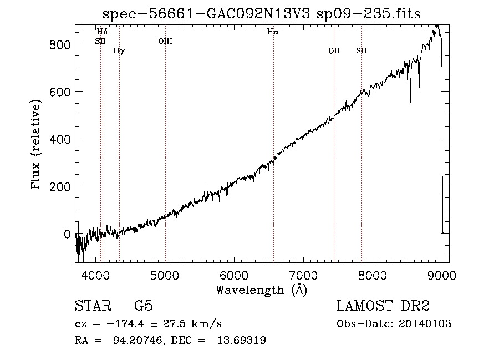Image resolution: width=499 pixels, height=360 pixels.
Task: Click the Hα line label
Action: [x=273, y=32]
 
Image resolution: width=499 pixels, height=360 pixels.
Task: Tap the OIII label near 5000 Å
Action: [x=165, y=41]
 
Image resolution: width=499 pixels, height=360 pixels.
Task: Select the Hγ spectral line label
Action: [x=119, y=50]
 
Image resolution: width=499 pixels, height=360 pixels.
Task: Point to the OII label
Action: [x=334, y=50]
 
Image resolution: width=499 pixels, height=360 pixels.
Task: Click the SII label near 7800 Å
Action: [x=361, y=50]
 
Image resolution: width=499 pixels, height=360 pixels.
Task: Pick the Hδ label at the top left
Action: [x=102, y=32]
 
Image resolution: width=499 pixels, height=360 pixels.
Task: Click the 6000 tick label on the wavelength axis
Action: [x=234, y=275]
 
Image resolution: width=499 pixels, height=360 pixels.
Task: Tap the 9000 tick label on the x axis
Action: [x=441, y=275]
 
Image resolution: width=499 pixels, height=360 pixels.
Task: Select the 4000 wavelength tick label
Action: [x=96, y=275]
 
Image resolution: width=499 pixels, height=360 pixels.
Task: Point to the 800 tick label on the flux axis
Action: [x=60, y=44]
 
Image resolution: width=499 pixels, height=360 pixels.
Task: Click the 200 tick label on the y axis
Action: [x=60, y=187]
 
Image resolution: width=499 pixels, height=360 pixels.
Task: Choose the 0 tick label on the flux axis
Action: [x=67, y=234]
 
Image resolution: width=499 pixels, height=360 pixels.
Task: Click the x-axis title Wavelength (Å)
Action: [x=262, y=290]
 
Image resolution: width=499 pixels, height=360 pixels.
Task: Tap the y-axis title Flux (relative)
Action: [x=36, y=145]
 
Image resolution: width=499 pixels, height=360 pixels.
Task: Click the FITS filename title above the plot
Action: [x=262, y=14]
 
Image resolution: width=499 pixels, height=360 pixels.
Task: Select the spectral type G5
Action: [x=144, y=306]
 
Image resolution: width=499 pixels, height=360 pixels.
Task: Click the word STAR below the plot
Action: [x=93, y=306]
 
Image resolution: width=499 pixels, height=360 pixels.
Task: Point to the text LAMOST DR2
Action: [x=383, y=306]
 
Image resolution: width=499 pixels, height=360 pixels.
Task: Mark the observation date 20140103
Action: [x=425, y=324]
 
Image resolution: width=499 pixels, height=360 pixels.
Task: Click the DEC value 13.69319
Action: [x=242, y=340]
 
